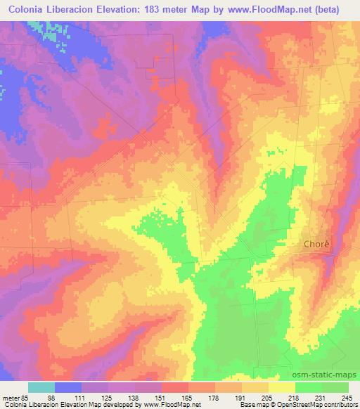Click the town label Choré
(x=316, y=245)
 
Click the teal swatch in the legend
(x=41, y=387)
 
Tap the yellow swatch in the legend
(x=282, y=387)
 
